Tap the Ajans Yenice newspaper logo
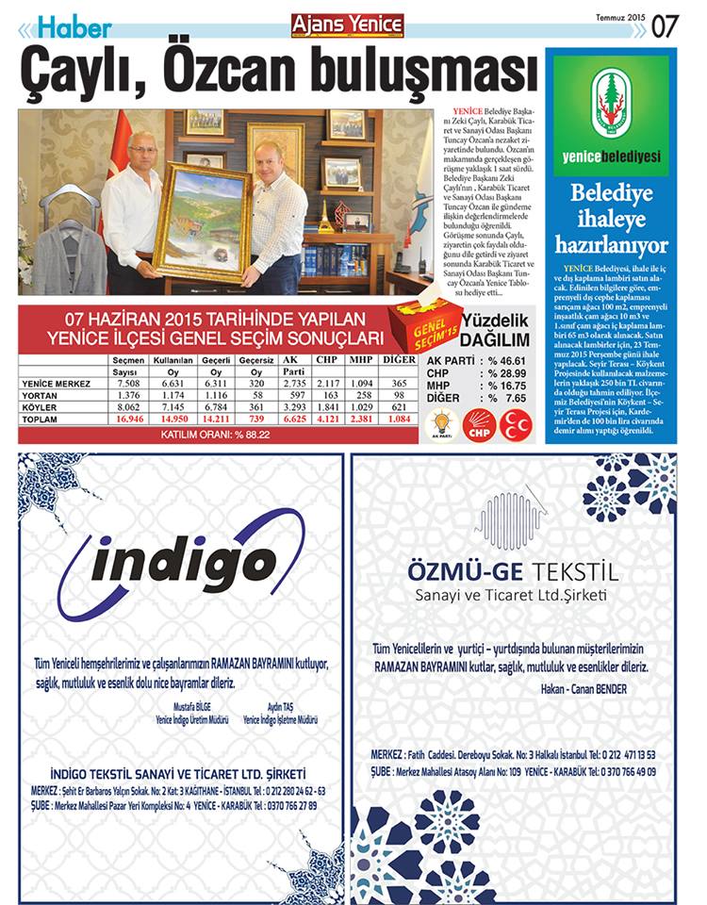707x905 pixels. [347, 25]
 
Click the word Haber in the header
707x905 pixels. [76, 29]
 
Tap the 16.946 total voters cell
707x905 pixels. [127, 418]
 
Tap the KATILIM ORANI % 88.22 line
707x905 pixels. [217, 435]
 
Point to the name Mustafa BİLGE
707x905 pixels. [189, 706]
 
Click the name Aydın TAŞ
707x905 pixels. [280, 706]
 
